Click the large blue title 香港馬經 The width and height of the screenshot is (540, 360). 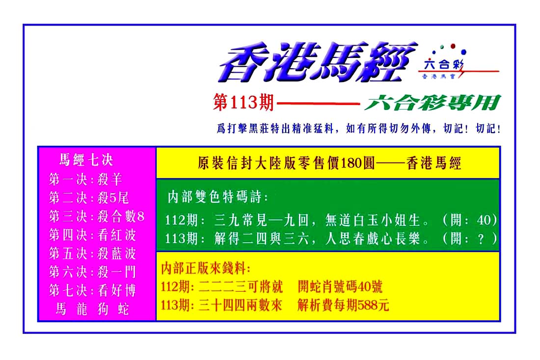(x=318, y=62)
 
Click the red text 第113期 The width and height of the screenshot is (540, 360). (x=243, y=102)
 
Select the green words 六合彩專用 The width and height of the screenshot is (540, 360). (x=432, y=103)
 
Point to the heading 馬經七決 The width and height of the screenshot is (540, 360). (x=86, y=160)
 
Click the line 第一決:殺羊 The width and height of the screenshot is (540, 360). (x=85, y=179)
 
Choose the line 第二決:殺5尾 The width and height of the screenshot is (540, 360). (x=89, y=198)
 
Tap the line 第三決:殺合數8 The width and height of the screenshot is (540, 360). (x=96, y=217)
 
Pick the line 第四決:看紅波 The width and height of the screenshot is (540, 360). (x=92, y=235)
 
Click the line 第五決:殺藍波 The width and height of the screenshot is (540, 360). (x=92, y=253)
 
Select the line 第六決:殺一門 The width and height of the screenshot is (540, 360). (x=92, y=272)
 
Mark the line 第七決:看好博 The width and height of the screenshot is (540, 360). (x=92, y=291)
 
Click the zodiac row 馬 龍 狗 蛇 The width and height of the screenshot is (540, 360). (x=92, y=309)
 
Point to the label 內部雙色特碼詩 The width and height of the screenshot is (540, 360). (x=217, y=197)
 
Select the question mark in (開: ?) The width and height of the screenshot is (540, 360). (x=481, y=238)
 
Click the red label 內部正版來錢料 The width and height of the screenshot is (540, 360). (x=206, y=268)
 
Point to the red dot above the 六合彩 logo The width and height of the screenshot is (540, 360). (x=453, y=46)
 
